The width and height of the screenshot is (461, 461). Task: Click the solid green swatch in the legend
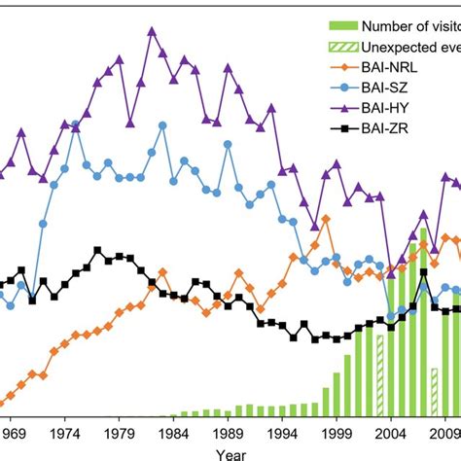point(336,24)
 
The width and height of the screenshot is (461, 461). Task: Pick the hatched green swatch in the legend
point(336,46)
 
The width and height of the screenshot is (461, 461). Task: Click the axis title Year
point(230,452)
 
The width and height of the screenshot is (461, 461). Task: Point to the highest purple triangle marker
point(152,31)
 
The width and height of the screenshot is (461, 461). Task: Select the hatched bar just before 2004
point(380,370)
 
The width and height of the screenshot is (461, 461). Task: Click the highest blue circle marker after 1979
point(162,124)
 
